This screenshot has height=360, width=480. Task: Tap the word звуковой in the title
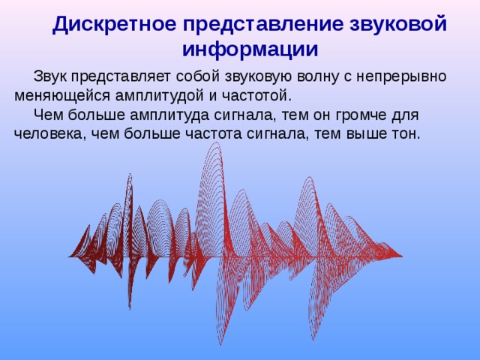pos(398,24)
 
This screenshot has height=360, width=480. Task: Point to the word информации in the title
pos(250,49)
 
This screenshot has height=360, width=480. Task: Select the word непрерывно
pos(400,77)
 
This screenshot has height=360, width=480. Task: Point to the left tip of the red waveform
pos(70,256)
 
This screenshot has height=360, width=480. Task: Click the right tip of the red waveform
pos(402,256)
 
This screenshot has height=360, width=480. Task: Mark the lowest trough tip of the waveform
pos(220,345)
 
